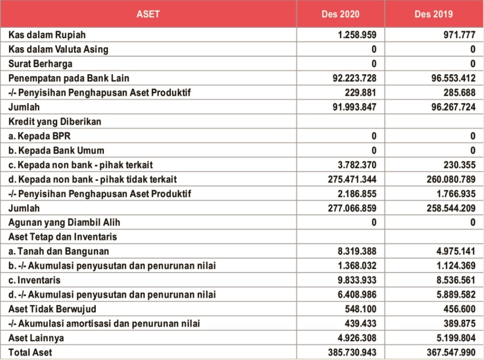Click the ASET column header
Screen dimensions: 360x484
click(x=148, y=14)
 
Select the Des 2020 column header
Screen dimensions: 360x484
click(x=340, y=14)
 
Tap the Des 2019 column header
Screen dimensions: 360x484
click(x=433, y=14)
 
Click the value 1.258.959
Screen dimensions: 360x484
click(x=357, y=35)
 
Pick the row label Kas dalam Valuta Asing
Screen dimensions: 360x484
click(x=58, y=49)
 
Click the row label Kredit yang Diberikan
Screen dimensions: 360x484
click(x=55, y=121)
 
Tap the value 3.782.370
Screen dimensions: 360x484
click(x=357, y=165)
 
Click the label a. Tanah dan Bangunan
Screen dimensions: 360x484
click(x=59, y=251)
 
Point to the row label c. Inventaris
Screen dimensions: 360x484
click(x=34, y=280)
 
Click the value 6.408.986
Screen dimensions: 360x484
click(x=357, y=295)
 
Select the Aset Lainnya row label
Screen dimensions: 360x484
click(x=36, y=338)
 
